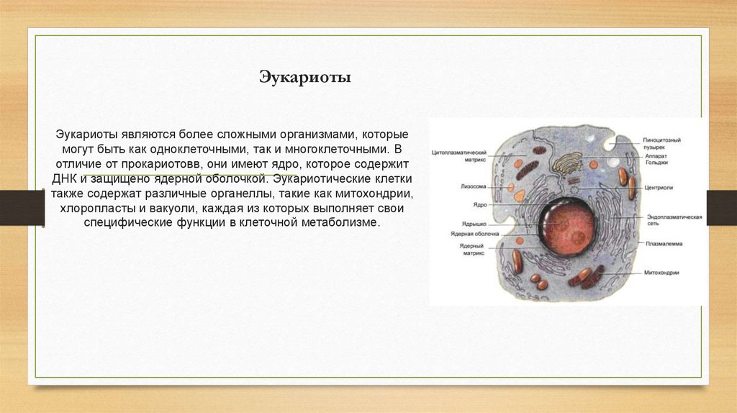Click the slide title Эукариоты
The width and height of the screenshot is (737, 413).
304,77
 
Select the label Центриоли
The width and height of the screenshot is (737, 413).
659,188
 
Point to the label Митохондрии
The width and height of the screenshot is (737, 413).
662,273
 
